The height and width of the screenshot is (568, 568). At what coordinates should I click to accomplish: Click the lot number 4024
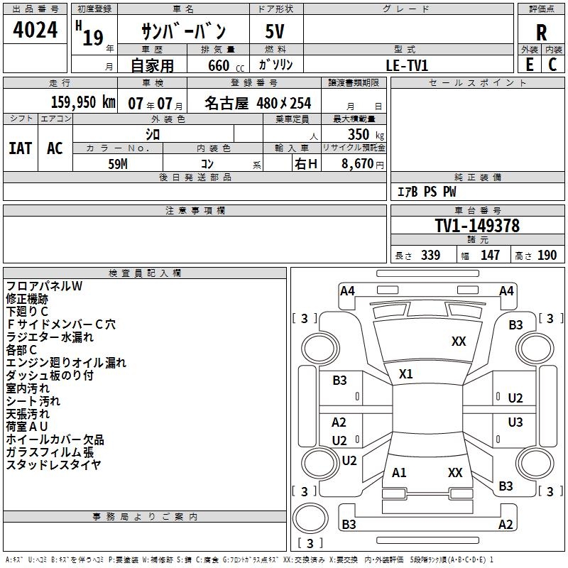(x=35, y=29)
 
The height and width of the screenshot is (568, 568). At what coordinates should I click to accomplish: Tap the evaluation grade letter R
(x=541, y=33)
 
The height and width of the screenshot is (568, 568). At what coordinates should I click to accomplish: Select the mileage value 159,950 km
(x=83, y=102)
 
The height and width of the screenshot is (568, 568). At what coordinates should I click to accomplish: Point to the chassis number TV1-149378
(x=477, y=225)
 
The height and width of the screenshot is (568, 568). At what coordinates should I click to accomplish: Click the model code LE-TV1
(x=407, y=65)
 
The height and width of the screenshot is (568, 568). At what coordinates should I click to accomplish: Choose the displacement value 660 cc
(x=226, y=65)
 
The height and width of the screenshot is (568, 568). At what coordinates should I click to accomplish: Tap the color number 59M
(x=118, y=164)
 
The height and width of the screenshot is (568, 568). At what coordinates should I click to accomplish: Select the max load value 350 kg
(x=366, y=134)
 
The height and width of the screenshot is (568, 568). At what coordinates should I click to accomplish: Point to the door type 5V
(x=275, y=31)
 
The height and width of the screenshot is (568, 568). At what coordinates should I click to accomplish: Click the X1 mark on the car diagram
(x=405, y=374)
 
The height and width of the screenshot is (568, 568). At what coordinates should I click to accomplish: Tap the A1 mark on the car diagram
(x=399, y=472)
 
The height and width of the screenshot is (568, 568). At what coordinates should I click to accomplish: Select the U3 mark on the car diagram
(x=515, y=422)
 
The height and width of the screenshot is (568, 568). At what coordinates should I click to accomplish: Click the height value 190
(x=547, y=255)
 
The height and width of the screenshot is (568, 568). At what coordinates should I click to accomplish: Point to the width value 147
(x=490, y=255)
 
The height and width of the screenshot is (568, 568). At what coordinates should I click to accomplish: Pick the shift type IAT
(x=21, y=148)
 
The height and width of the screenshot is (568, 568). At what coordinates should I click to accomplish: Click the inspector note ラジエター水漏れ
(x=50, y=337)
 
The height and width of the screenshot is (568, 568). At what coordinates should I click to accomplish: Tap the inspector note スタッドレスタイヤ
(x=53, y=464)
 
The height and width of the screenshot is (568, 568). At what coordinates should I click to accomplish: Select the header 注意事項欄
(x=195, y=210)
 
